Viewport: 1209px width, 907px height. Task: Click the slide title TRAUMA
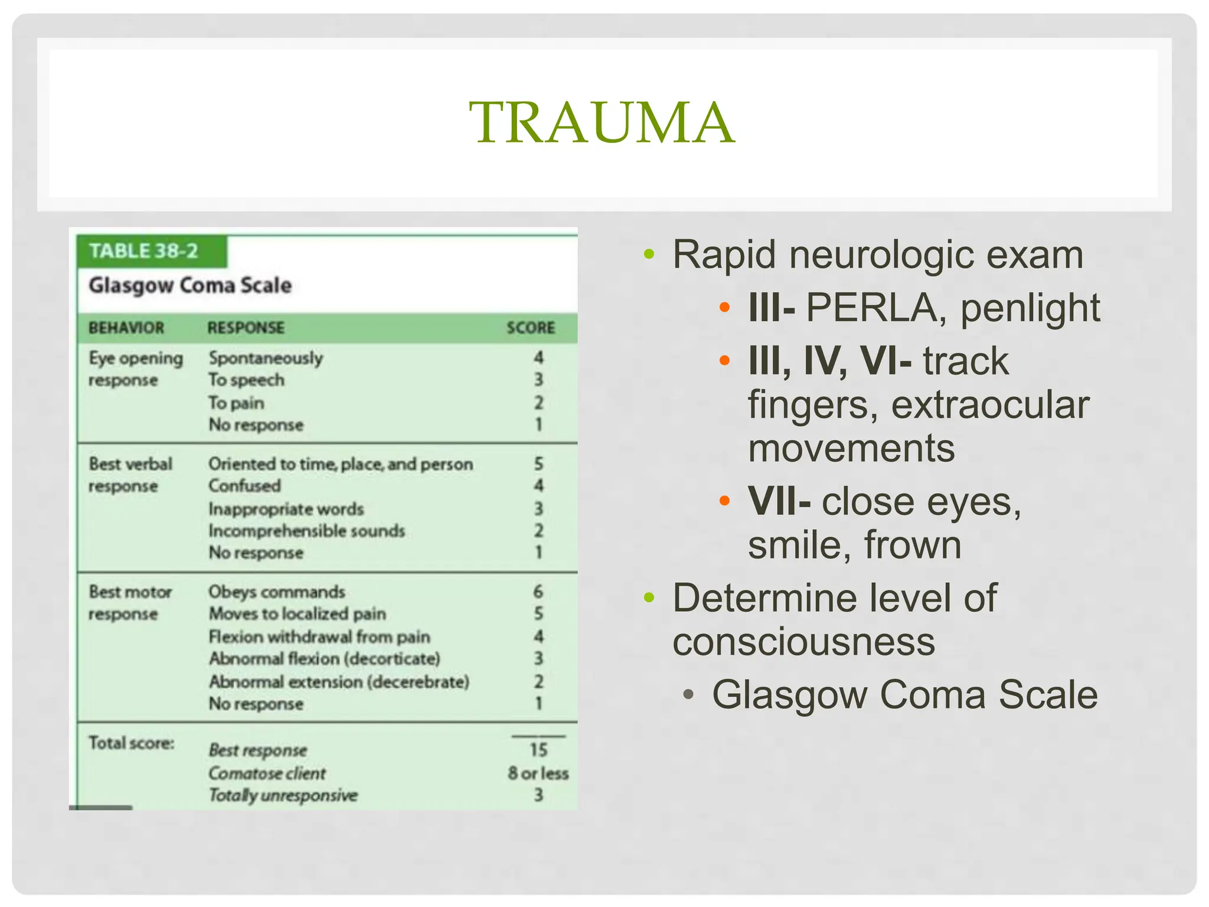[602, 122]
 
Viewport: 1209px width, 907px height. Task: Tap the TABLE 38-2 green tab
[143, 251]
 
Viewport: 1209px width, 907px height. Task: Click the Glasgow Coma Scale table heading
[190, 285]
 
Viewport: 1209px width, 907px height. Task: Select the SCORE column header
[530, 328]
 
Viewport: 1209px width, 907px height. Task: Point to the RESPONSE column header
[246, 328]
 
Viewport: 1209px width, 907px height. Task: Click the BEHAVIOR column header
[126, 328]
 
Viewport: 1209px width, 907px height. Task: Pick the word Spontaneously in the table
[266, 358]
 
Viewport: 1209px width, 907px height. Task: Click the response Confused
[244, 486]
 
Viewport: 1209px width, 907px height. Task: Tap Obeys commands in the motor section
[276, 592]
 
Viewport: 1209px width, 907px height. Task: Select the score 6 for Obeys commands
[538, 591]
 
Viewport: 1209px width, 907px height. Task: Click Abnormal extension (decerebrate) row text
[339, 682]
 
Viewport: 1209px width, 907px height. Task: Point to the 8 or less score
[538, 773]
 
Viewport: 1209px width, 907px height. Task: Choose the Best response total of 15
[538, 750]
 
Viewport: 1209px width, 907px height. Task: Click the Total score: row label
[131, 743]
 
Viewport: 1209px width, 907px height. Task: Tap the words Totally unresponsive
[283, 795]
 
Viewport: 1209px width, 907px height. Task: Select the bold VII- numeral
[779, 502]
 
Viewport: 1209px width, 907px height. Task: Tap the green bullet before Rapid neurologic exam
[649, 255]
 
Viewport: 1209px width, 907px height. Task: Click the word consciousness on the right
[803, 642]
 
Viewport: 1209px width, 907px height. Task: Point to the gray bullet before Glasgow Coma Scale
[688, 694]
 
